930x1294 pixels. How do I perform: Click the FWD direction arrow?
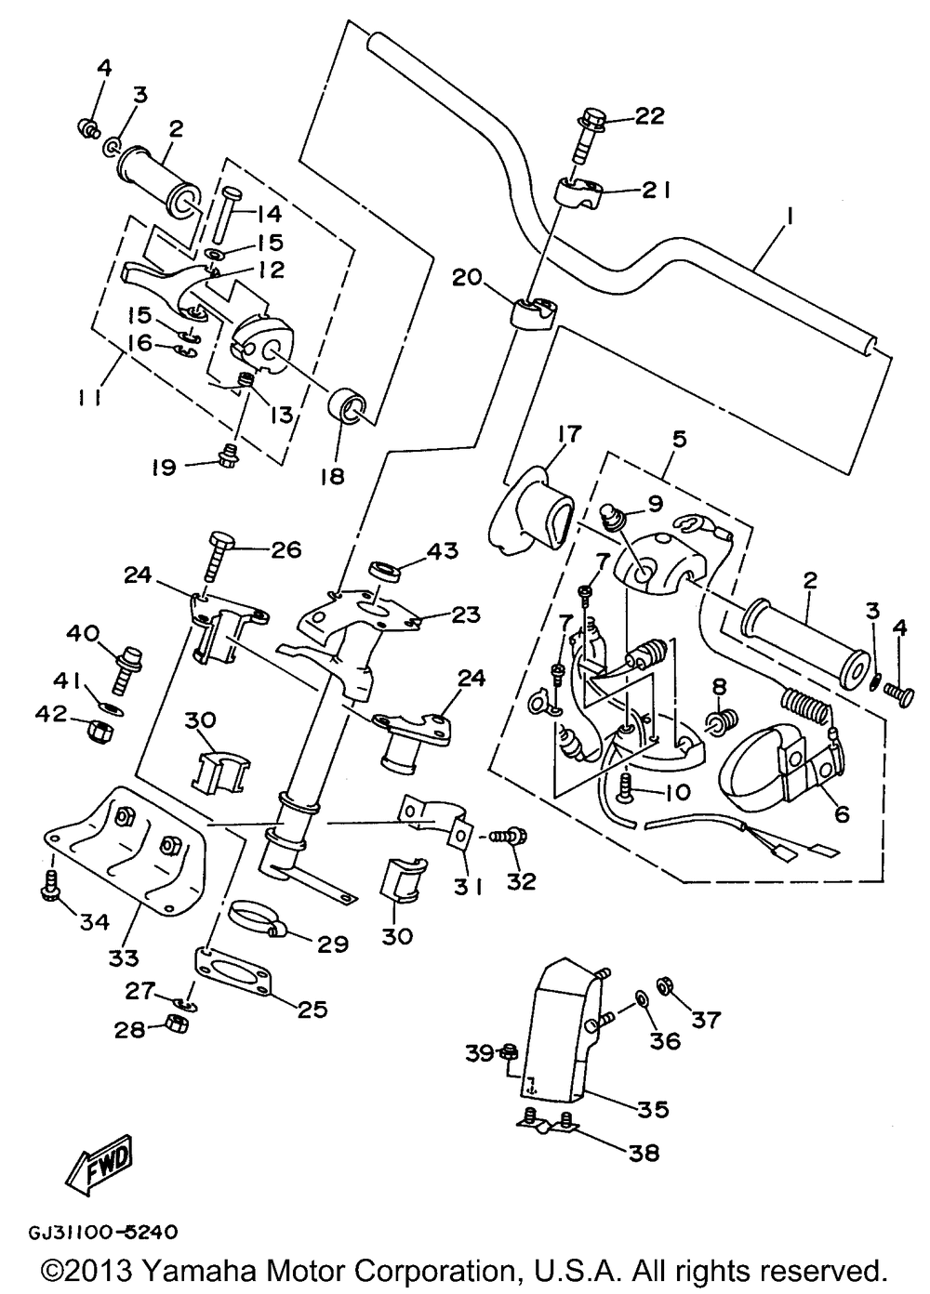97,1162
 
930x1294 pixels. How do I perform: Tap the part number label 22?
650,116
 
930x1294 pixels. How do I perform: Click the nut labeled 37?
666,984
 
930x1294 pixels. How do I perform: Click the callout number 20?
469,277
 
